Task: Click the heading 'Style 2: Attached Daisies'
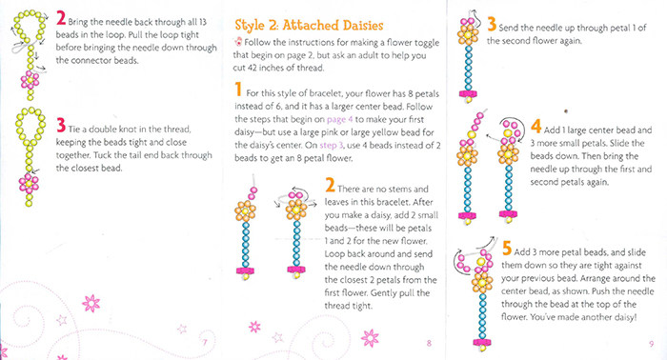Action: [x=310, y=26]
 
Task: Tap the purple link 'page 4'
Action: [x=339, y=120]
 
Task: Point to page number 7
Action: [x=205, y=342]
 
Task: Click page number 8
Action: [x=429, y=343]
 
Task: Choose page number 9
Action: [x=651, y=344]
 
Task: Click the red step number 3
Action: [x=61, y=126]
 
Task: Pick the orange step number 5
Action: [x=506, y=249]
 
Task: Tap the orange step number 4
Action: [x=536, y=127]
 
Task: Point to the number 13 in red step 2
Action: [x=202, y=22]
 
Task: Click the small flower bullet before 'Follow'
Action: [x=238, y=42]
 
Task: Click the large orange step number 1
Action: [x=238, y=90]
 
